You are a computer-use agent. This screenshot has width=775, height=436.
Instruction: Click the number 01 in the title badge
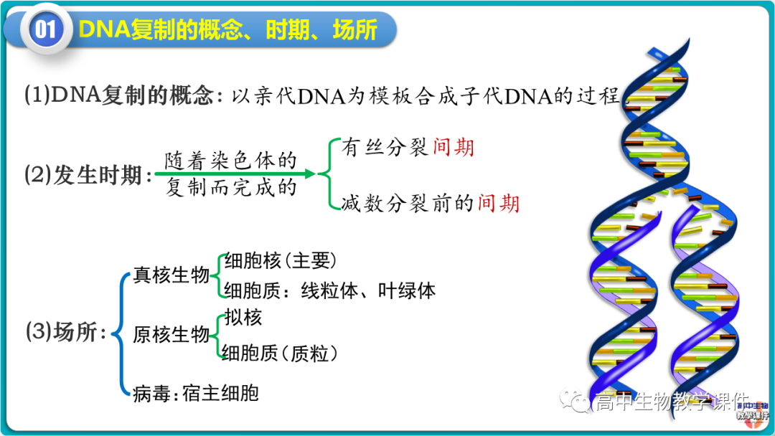point(45,29)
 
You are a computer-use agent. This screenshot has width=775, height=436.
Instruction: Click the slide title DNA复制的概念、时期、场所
point(227,29)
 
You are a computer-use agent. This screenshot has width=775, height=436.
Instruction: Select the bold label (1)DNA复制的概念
point(119,96)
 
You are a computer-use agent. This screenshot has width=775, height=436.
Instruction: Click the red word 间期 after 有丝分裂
point(454,148)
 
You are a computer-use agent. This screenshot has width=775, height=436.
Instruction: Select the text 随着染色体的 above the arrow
point(230,159)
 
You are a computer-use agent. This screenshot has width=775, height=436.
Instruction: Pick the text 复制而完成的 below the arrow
point(230,189)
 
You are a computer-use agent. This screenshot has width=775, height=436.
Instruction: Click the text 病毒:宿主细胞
point(195,393)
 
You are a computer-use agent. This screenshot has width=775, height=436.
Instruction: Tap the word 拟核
point(243,317)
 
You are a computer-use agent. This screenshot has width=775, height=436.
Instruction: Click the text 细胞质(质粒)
point(281,352)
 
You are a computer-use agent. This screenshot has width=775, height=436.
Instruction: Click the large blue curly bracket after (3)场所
point(121,333)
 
